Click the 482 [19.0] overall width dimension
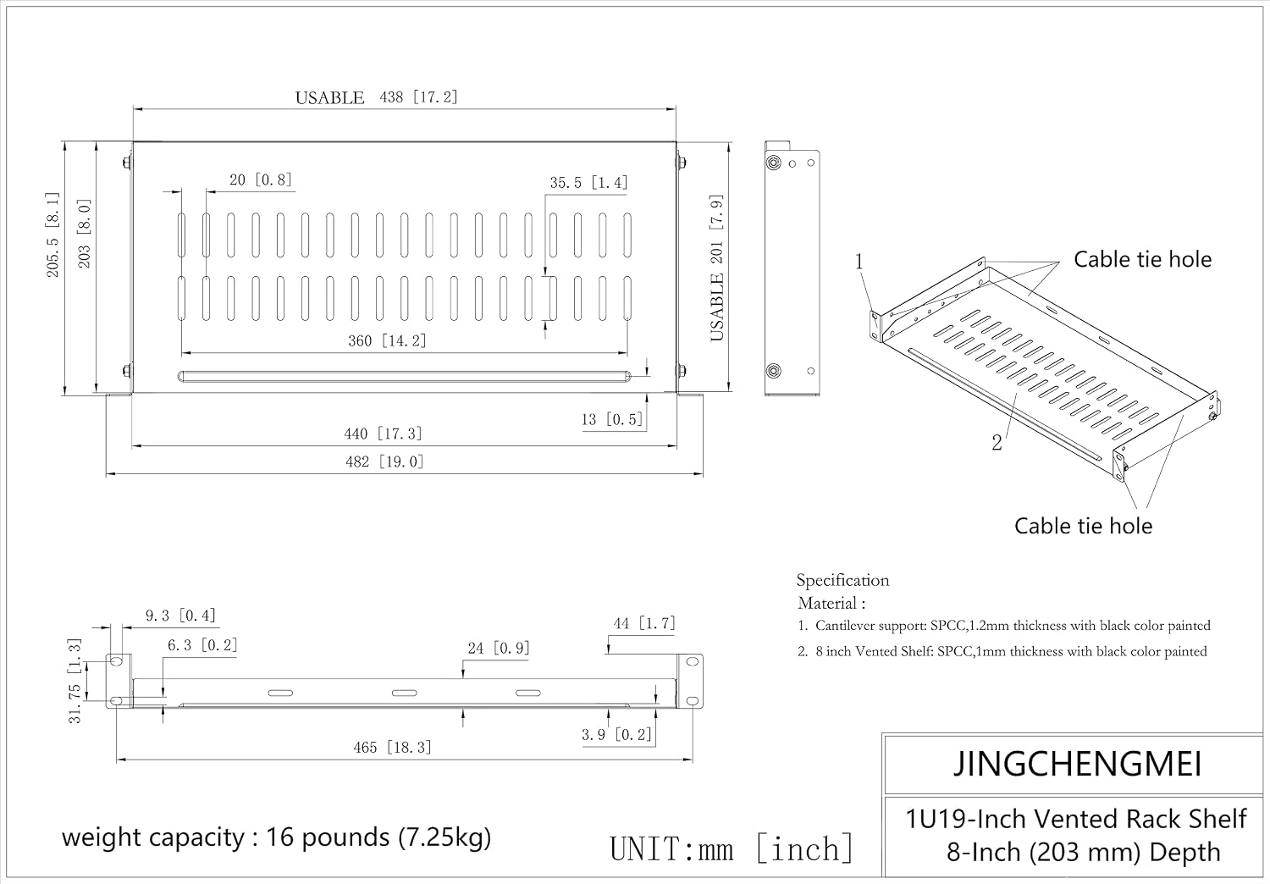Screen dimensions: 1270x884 (384, 461)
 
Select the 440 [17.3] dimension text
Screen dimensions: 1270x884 (383, 434)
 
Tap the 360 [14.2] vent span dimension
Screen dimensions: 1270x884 (387, 340)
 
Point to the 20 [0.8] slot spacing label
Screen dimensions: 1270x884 (260, 180)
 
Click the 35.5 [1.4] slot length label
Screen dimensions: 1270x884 (588, 183)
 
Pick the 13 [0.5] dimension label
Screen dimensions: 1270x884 (612, 420)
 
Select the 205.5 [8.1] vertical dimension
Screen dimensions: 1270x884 (52, 235)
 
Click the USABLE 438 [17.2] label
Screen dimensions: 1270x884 (376, 97)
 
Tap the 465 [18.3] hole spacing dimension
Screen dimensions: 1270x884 (392, 748)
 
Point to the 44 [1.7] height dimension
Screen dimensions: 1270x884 (644, 624)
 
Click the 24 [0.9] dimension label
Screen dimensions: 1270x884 (499, 648)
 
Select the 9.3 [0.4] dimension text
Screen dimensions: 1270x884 (180, 616)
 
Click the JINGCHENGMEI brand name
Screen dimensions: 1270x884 (1077, 763)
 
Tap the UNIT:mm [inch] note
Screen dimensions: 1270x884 (732, 848)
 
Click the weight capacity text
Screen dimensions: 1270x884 (276, 837)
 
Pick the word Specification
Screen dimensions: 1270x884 (842, 580)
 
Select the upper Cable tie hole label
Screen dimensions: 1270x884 (1142, 259)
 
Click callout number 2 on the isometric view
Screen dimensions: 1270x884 (997, 442)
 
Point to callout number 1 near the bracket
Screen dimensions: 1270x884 (859, 262)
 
